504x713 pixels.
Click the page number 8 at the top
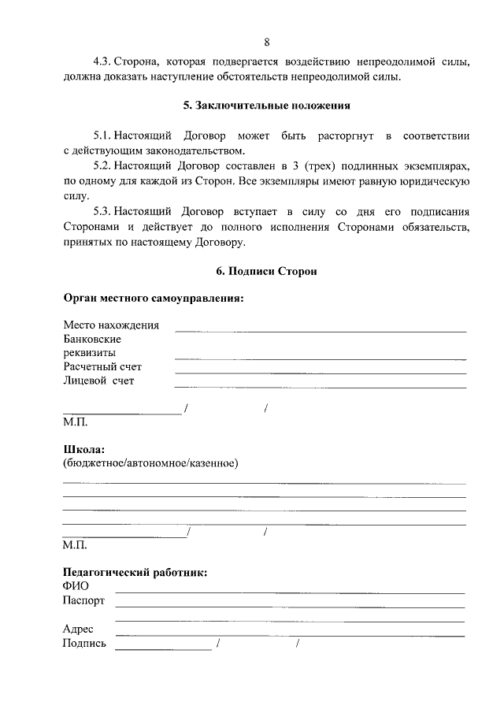click(267, 42)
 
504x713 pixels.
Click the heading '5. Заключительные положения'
click(266, 105)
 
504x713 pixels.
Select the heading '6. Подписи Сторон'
click(266, 271)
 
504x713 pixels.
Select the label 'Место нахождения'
click(110, 325)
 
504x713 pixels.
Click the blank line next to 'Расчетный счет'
click(319, 371)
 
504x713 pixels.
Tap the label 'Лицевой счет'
click(98, 381)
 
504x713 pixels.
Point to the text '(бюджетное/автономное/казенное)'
click(150, 463)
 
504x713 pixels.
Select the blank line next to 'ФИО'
click(290, 591)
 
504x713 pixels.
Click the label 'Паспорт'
click(83, 601)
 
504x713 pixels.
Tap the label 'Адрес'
click(78, 629)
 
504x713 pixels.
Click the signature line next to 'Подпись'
click(163, 648)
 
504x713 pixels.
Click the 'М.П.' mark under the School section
click(75, 544)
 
